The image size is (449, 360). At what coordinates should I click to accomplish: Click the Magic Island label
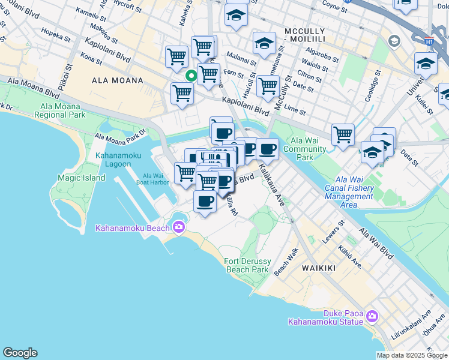[x=81, y=178]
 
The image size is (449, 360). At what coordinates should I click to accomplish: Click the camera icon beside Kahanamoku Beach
[x=178, y=226]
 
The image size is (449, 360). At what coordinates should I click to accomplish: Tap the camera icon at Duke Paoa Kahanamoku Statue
[x=372, y=316]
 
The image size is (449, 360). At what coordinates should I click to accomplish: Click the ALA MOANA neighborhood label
[x=118, y=80]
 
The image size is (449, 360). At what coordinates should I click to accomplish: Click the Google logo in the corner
[x=20, y=353]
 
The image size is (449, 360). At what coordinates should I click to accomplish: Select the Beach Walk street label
[x=286, y=263]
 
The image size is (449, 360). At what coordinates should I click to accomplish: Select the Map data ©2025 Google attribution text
[x=412, y=355]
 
